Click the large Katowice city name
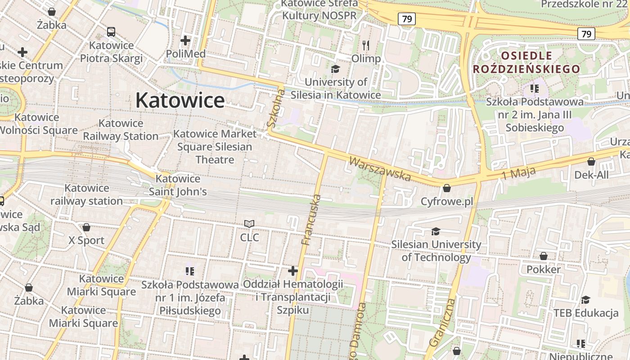click(x=180, y=100)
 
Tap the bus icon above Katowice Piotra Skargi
click(x=111, y=32)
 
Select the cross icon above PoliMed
click(x=185, y=41)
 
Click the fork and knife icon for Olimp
click(x=366, y=45)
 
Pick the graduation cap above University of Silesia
click(x=335, y=69)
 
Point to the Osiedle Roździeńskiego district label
click(x=526, y=62)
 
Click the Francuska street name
click(x=312, y=220)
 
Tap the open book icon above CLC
click(x=249, y=224)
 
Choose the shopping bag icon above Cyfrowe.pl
click(x=447, y=188)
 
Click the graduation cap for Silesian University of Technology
click(x=436, y=231)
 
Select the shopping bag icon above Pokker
click(x=544, y=256)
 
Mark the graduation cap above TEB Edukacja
click(x=585, y=300)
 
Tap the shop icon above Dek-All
click(x=591, y=162)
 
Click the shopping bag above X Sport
click(x=86, y=227)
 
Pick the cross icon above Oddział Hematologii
click(x=293, y=271)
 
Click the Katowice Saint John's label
click(x=178, y=185)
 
